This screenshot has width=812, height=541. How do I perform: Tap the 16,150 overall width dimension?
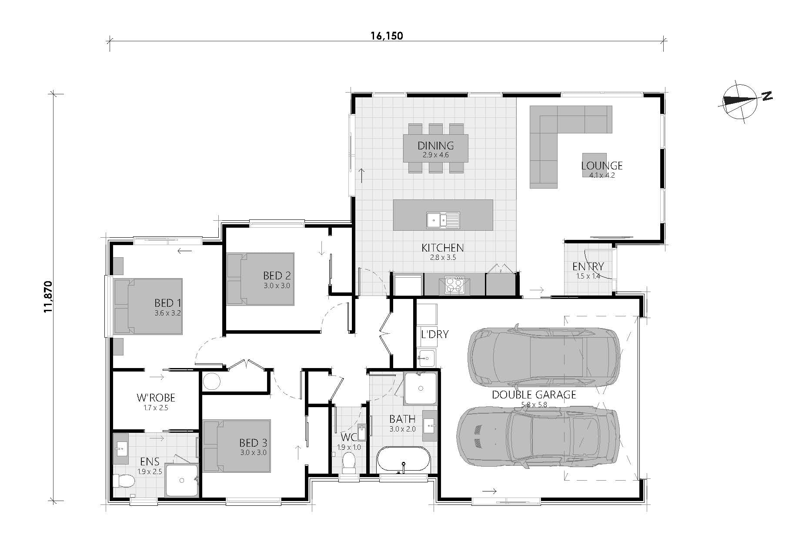(x=387, y=36)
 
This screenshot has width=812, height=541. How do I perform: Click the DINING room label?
(x=435, y=146)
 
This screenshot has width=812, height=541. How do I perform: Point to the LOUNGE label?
(x=601, y=166)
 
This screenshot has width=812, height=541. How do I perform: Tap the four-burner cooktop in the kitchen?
(x=454, y=285)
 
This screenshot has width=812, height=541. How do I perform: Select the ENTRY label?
(x=588, y=266)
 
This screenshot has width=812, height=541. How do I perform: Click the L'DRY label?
(x=434, y=335)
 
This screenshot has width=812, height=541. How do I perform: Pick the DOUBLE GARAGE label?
(x=534, y=395)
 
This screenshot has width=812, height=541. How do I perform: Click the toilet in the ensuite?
(x=124, y=481)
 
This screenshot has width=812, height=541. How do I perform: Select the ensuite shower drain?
(x=182, y=480)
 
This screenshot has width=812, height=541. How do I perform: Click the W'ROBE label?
(x=156, y=398)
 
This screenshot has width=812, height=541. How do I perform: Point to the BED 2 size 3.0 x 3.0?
(x=277, y=286)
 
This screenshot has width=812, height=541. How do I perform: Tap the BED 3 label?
(x=253, y=443)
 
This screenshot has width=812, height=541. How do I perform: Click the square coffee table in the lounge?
(x=594, y=165)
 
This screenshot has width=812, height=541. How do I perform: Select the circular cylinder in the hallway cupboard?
(x=212, y=382)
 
